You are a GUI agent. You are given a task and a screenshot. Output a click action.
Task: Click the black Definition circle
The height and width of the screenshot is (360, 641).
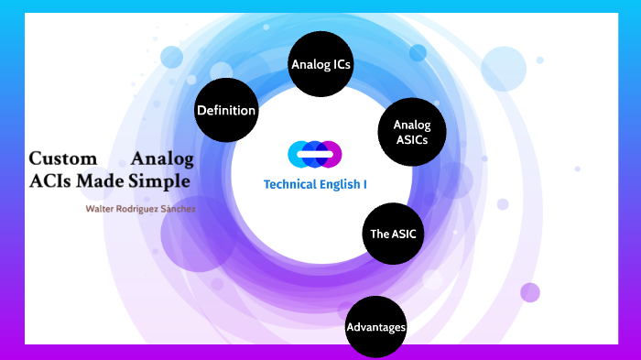pyautogui.click(x=226, y=111)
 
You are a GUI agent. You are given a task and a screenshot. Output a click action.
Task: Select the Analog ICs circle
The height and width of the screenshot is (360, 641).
pyautogui.click(x=320, y=64)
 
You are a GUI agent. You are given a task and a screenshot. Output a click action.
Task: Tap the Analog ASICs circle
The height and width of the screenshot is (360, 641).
pyautogui.click(x=411, y=133)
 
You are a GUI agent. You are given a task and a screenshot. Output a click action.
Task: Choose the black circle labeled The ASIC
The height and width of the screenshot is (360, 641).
pyautogui.click(x=393, y=234)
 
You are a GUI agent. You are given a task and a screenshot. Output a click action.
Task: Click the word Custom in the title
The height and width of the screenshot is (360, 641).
pyautogui.click(x=63, y=158)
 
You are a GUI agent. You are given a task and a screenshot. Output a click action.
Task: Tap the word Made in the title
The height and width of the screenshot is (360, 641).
pyautogui.click(x=101, y=180)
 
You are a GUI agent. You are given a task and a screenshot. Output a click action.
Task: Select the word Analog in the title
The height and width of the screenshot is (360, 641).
pyautogui.click(x=162, y=158)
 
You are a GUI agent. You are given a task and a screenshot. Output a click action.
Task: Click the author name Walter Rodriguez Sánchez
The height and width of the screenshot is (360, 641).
pyautogui.click(x=140, y=209)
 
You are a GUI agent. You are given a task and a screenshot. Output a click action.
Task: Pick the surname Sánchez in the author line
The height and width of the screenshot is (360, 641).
pyautogui.click(x=176, y=209)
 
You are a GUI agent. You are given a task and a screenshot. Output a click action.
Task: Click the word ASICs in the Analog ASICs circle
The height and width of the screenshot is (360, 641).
pyautogui.click(x=411, y=140)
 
